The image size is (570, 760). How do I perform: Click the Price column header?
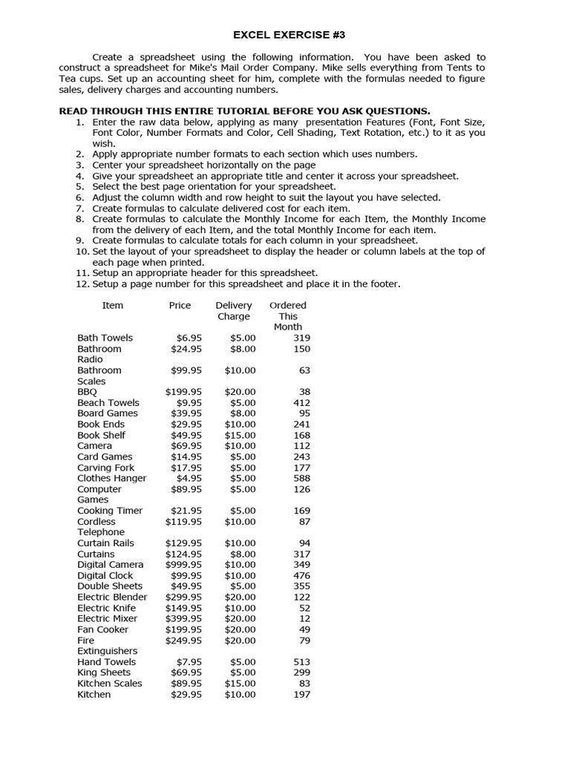click(180, 305)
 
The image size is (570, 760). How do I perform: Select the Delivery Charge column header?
click(234, 310)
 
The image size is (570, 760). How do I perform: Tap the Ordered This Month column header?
click(288, 315)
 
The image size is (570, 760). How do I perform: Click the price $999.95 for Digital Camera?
click(183, 565)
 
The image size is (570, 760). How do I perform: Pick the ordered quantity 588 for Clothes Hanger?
click(301, 478)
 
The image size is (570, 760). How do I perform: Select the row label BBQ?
click(87, 392)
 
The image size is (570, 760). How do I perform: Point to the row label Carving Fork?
click(106, 468)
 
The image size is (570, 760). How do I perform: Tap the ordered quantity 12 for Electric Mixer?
click(304, 618)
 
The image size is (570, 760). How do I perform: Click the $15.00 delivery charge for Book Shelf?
click(240, 435)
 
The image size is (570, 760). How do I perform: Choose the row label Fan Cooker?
click(102, 629)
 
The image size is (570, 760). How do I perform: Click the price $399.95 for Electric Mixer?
click(183, 618)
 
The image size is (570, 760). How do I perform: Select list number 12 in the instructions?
click(81, 284)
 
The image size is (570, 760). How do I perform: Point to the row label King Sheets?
click(105, 672)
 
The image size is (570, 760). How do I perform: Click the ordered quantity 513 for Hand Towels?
click(301, 662)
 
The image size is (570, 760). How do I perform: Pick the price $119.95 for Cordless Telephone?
click(183, 522)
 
